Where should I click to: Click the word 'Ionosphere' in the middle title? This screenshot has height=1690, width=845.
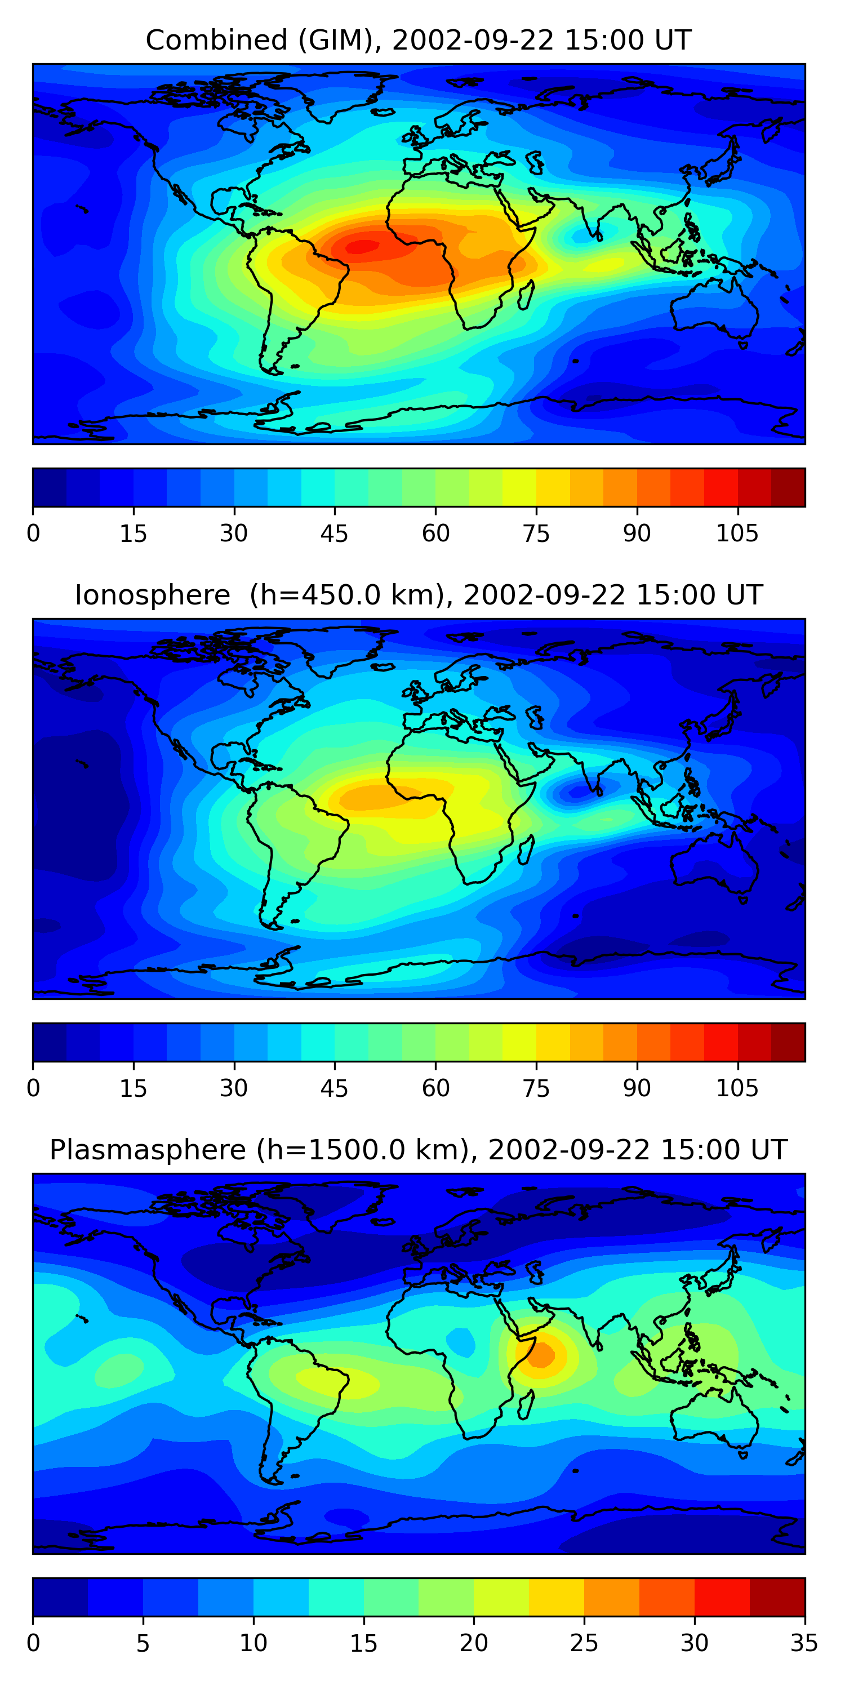pyautogui.click(x=152, y=595)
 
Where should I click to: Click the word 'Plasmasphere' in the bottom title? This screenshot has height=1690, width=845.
pyautogui.click(x=148, y=1150)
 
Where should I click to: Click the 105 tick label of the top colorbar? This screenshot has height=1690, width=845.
pyautogui.click(x=737, y=534)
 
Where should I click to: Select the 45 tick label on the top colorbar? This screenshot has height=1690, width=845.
pyautogui.click(x=334, y=534)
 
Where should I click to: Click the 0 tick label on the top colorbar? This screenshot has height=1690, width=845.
pyautogui.click(x=33, y=534)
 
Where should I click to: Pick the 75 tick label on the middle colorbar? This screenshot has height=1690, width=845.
pyautogui.click(x=536, y=1088)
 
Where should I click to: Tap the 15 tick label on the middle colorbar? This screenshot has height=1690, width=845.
pyautogui.click(x=133, y=1088)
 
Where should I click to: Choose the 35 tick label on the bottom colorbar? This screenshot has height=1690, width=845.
pyautogui.click(x=804, y=1643)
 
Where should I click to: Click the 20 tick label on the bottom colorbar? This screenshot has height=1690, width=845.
pyautogui.click(x=473, y=1643)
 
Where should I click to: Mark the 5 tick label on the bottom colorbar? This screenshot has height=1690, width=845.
pyautogui.click(x=143, y=1643)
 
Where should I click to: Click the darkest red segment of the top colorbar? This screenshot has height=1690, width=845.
pyautogui.click(x=788, y=487)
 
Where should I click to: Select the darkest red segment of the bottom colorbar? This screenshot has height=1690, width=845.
pyautogui.click(x=777, y=1597)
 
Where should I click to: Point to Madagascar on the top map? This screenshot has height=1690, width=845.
pyautogui.click(x=526, y=295)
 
